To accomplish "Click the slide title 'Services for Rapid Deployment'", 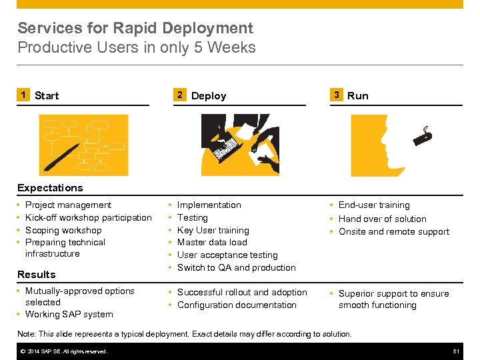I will click(x=135, y=28).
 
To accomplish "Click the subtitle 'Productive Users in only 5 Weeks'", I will click(x=137, y=47).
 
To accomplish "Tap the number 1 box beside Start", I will click(x=23, y=95).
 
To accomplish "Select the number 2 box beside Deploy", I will click(x=179, y=95).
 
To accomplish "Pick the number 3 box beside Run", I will click(x=337, y=95).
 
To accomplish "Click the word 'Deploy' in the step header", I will click(x=209, y=96).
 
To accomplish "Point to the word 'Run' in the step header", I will click(x=358, y=96).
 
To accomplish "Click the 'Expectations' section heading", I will click(x=50, y=188).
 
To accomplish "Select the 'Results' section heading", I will click(x=37, y=274).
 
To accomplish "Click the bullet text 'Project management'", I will click(x=68, y=205).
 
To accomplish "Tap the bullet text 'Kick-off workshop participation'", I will click(x=88, y=217).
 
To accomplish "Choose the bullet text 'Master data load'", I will click(x=212, y=242).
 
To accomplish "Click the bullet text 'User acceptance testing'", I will click(x=227, y=255).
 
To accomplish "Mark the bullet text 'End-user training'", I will click(x=374, y=205).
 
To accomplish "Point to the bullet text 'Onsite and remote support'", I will click(x=394, y=231).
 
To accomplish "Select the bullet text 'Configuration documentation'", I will click(x=237, y=305).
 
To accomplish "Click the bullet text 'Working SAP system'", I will click(x=69, y=314).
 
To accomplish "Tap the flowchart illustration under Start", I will click(x=83, y=145).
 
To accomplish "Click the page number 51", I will click(x=456, y=351).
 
